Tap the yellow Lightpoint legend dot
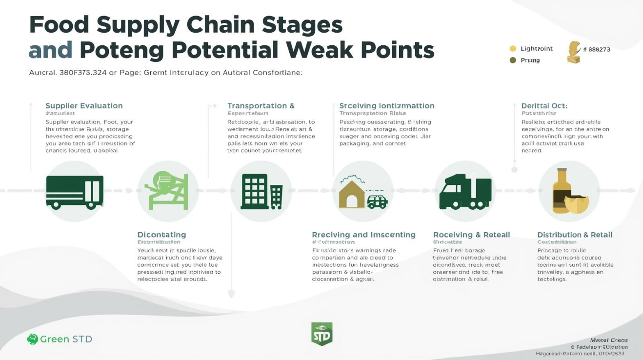(513, 49)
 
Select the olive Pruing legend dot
(513, 60)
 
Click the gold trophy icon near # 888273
(574, 52)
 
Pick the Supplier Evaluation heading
(84, 106)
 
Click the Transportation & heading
(261, 106)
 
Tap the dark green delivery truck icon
(75, 192)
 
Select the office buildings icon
(262, 192)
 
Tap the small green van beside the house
(377, 202)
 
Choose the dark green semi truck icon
(465, 192)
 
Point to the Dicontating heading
(161, 235)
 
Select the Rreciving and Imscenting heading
(363, 235)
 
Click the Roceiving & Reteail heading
(471, 235)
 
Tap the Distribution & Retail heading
(575, 235)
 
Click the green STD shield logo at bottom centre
(321, 334)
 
